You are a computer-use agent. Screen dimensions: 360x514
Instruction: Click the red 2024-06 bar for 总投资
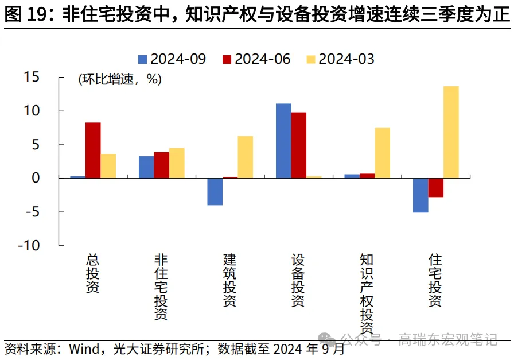[93, 150]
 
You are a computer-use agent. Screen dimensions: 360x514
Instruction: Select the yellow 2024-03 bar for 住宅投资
[451, 132]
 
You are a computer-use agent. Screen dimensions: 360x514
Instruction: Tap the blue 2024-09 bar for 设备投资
[283, 141]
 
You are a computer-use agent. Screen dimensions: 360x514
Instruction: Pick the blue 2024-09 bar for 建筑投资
[215, 192]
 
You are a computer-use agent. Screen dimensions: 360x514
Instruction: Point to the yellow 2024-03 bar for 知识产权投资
[383, 153]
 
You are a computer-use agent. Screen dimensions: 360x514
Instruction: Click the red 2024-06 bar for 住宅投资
[436, 188]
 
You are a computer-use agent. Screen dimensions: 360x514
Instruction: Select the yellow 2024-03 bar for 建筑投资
[246, 157]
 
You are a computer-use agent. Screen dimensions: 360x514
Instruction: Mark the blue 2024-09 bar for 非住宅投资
[146, 167]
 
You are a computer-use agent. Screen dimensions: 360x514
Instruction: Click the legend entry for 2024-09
[172, 59]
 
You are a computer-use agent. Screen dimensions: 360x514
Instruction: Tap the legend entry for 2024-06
[256, 59]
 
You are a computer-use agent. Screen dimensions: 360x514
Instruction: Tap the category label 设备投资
[298, 281]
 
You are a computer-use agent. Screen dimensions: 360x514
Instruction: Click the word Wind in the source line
[84, 349]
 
